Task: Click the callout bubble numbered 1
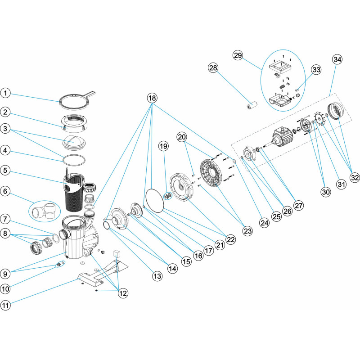point(5,93)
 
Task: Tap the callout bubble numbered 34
point(337,59)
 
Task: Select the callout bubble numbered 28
point(213,67)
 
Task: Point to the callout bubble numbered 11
point(5,305)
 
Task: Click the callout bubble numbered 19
point(163,146)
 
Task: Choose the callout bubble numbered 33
point(316,70)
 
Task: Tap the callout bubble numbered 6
point(5,191)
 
